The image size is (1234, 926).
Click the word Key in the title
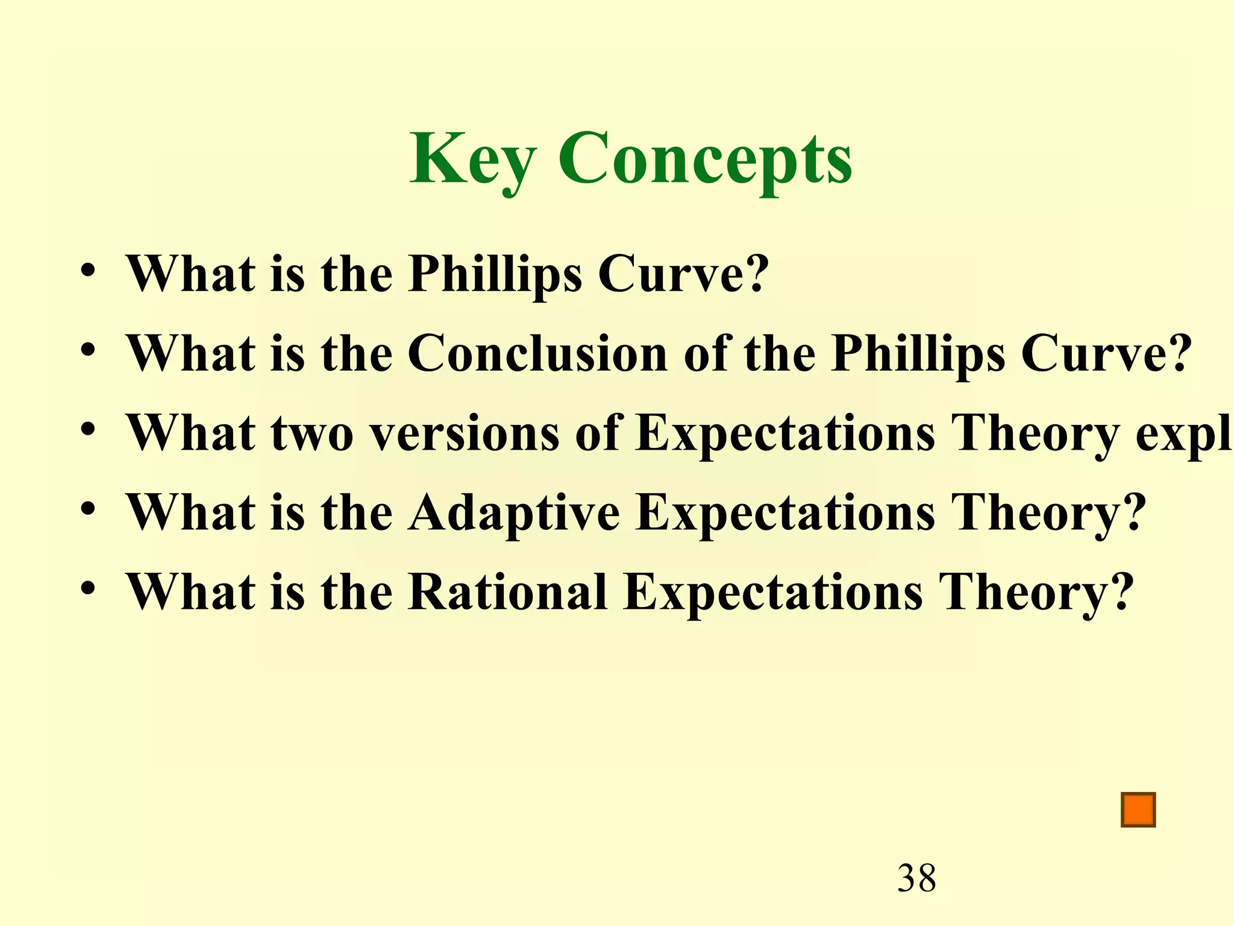pos(472,159)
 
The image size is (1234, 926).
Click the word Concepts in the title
pos(705,159)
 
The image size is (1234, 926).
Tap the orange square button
pos(1138,810)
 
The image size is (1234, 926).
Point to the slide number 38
pos(916,878)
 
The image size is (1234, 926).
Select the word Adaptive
pos(513,512)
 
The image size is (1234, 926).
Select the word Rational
pos(507,592)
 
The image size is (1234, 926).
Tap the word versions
pos(465,433)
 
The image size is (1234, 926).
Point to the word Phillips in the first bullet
pos(495,274)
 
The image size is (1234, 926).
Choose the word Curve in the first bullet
pos(675,274)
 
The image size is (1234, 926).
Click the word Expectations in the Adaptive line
pos(786,512)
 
